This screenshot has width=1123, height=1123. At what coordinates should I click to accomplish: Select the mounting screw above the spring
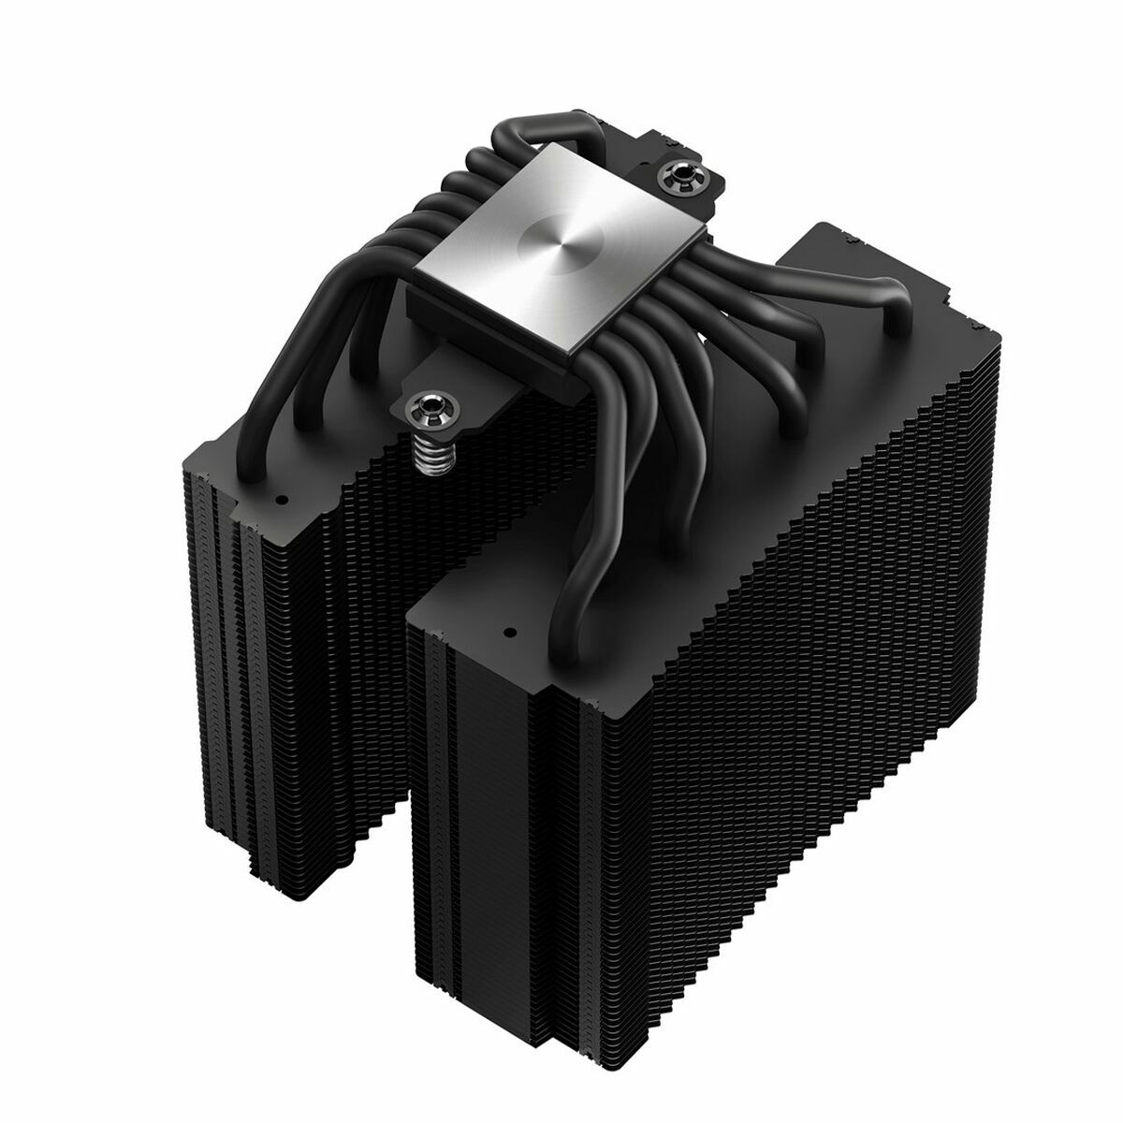[430, 406]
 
